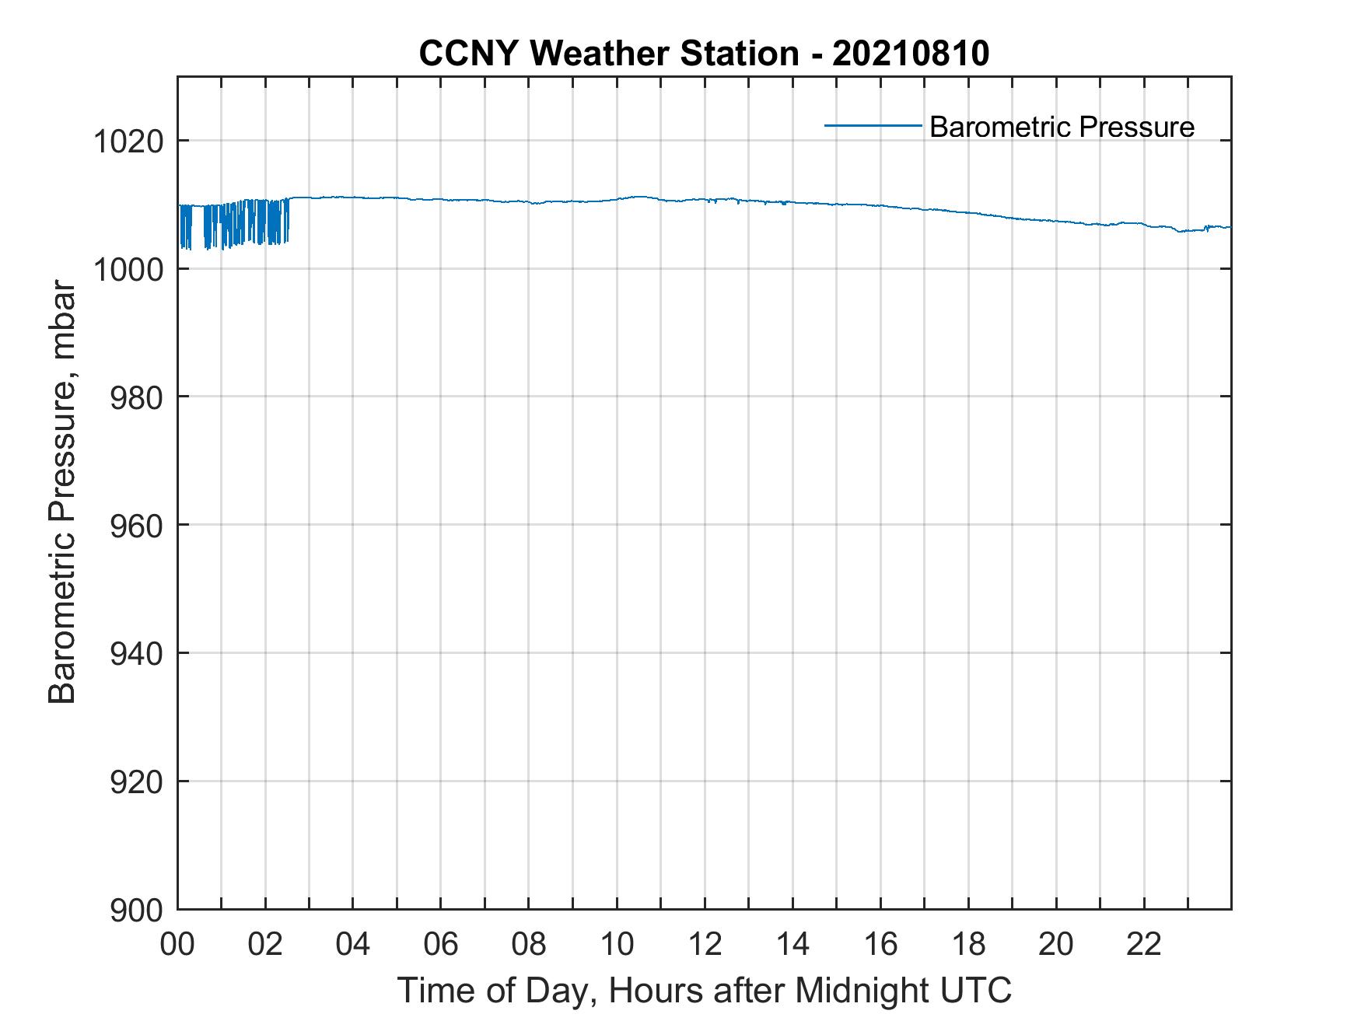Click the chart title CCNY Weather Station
pyautogui.click(x=608, y=54)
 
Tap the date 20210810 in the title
pyautogui.click(x=911, y=54)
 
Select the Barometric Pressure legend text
pyautogui.click(x=1062, y=127)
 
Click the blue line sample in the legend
pyautogui.click(x=873, y=125)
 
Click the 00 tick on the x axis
pyautogui.click(x=177, y=945)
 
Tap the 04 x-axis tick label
pyautogui.click(x=353, y=945)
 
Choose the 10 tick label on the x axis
pyautogui.click(x=617, y=945)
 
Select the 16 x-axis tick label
pyautogui.click(x=880, y=945)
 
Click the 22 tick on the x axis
pyautogui.click(x=1144, y=945)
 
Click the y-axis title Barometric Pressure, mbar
pyautogui.click(x=63, y=492)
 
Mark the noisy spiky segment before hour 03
pyautogui.click(x=233, y=224)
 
